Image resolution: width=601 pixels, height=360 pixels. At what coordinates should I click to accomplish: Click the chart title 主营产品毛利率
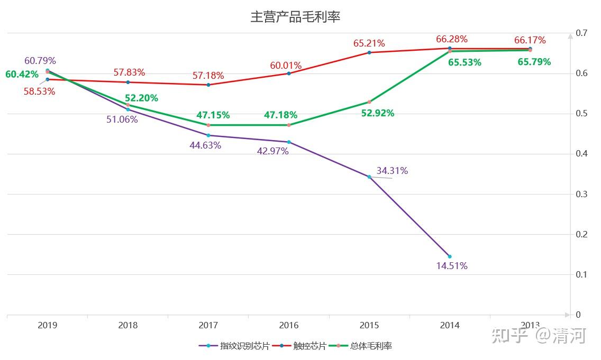click(x=295, y=17)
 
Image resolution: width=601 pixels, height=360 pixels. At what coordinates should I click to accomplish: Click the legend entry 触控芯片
click(x=309, y=346)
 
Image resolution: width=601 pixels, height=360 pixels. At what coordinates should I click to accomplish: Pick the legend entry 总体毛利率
click(x=371, y=346)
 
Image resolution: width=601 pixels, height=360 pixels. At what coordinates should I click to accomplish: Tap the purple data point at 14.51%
click(x=450, y=256)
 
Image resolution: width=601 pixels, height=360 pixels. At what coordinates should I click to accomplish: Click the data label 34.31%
click(x=392, y=171)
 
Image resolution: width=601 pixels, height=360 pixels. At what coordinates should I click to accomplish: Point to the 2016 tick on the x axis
click(x=288, y=326)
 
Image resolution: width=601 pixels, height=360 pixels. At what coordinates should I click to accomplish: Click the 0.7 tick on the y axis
click(x=581, y=33)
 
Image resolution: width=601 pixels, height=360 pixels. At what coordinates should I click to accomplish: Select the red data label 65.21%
click(x=369, y=43)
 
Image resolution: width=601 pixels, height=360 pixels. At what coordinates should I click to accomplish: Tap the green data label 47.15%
click(x=213, y=115)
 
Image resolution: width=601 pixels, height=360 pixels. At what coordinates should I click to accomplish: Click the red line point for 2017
click(x=208, y=85)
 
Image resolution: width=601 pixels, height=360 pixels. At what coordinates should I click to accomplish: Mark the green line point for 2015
click(x=369, y=101)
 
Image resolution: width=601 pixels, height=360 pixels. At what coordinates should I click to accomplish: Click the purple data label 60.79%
click(x=40, y=61)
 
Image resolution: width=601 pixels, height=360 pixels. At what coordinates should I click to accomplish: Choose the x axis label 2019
click(x=48, y=326)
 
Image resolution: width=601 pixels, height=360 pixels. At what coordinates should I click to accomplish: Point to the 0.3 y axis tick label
click(x=581, y=194)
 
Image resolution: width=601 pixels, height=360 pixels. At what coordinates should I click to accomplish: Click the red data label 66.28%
click(x=452, y=39)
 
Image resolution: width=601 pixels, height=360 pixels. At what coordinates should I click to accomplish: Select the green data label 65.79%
click(x=534, y=62)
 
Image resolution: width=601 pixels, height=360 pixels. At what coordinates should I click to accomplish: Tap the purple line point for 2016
click(x=289, y=142)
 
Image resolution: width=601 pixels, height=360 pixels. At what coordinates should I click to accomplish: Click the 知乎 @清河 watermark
click(x=539, y=336)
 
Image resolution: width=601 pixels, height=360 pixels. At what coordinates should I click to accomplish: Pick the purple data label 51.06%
click(x=122, y=119)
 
